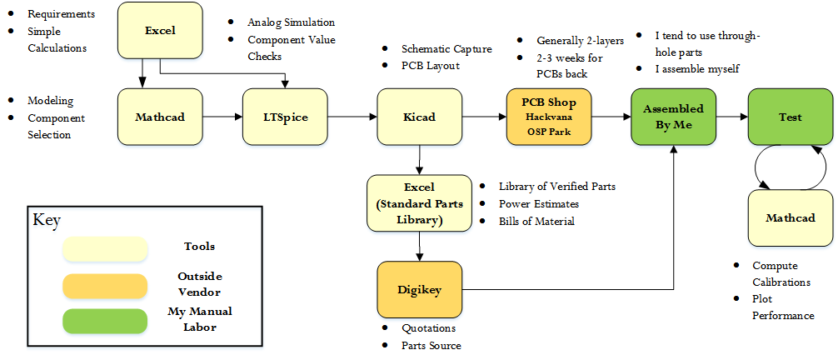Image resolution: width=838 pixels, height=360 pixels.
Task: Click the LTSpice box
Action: pyautogui.click(x=285, y=117)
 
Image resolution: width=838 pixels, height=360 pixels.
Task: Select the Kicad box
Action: pyautogui.click(x=418, y=117)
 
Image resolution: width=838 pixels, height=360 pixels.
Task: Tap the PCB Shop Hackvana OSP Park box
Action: pyautogui.click(x=548, y=117)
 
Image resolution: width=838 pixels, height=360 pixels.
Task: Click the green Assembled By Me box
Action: pyautogui.click(x=672, y=117)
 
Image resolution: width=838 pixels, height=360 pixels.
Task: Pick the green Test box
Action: pyautogui.click(x=790, y=117)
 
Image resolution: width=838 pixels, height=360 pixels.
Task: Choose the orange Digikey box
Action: pyautogui.click(x=418, y=289)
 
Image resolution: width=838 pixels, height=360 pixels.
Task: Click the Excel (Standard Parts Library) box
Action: pyautogui.click(x=416, y=202)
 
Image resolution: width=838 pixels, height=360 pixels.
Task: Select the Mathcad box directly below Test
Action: pyautogui.click(x=790, y=218)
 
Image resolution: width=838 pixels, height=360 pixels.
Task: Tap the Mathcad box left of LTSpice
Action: pyautogui.click(x=160, y=117)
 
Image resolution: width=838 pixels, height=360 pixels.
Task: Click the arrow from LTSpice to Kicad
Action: pyautogui.click(x=352, y=117)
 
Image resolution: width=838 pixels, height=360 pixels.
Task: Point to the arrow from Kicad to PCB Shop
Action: pyautogui.click(x=483, y=117)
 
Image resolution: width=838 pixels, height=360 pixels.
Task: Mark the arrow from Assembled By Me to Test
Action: pyautogui.click(x=731, y=117)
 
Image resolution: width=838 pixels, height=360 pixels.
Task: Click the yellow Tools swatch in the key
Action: pyautogui.click(x=104, y=248)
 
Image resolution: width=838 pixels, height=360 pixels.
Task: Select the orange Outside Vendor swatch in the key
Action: pyautogui.click(x=104, y=285)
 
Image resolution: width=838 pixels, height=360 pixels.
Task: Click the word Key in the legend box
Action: pyautogui.click(x=47, y=221)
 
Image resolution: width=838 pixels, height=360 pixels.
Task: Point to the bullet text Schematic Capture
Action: pyautogui.click(x=446, y=49)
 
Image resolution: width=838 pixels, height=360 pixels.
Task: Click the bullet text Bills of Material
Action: pyautogui.click(x=536, y=221)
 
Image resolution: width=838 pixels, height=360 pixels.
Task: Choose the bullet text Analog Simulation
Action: pyautogui.click(x=291, y=22)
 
